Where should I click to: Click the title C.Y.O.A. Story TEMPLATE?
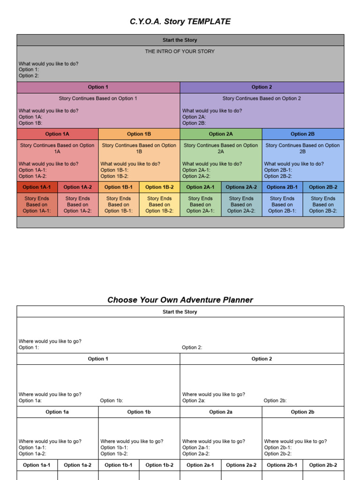click(180, 22)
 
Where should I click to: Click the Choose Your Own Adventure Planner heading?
click(180, 300)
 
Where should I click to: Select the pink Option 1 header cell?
click(98, 87)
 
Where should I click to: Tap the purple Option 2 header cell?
click(262, 87)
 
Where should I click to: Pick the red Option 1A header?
click(57, 134)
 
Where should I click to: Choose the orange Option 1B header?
click(139, 134)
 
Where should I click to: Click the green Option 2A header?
click(221, 134)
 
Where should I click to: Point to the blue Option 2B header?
click(302, 134)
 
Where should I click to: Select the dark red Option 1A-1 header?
click(37, 187)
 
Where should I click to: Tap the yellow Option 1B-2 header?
click(159, 187)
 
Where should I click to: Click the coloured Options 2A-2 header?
click(241, 187)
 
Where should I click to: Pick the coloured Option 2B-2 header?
click(323, 187)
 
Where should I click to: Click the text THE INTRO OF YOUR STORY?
click(180, 52)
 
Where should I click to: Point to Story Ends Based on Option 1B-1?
click(119, 205)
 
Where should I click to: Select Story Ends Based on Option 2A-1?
click(200, 205)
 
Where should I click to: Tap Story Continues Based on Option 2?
click(262, 98)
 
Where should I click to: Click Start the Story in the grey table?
click(180, 40)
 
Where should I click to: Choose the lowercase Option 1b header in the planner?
click(139, 412)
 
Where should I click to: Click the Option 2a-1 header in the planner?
click(200, 465)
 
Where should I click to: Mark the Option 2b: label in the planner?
click(275, 401)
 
